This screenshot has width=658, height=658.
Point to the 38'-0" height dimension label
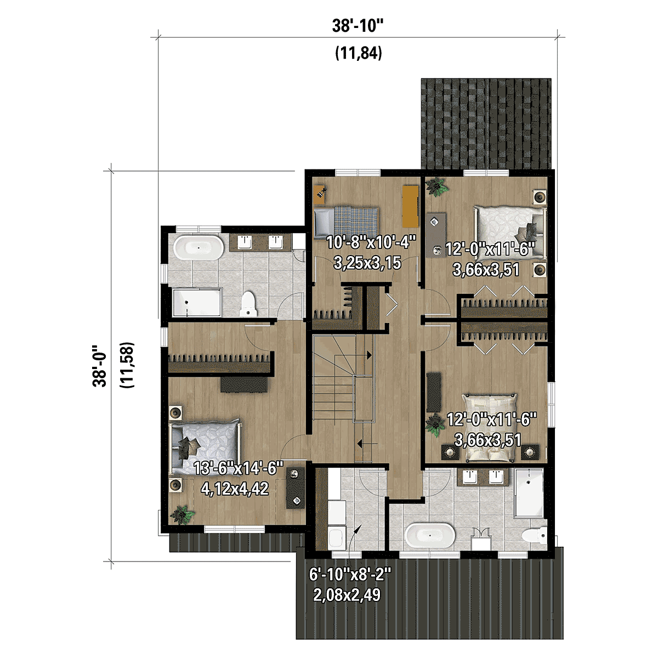[100, 366]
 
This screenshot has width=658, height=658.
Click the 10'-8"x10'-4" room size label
[371, 242]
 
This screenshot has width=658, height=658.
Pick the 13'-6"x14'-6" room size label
[239, 469]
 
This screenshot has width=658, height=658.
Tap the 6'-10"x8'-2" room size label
[350, 575]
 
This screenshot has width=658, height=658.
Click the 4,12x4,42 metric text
[235, 488]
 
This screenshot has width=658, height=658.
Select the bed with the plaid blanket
[346, 222]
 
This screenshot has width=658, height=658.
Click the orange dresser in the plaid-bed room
[410, 206]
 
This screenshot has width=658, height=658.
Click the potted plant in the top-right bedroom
[437, 187]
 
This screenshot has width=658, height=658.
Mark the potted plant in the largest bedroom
[181, 515]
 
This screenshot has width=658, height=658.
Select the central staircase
[343, 389]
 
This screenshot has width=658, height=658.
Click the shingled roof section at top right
[486, 124]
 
